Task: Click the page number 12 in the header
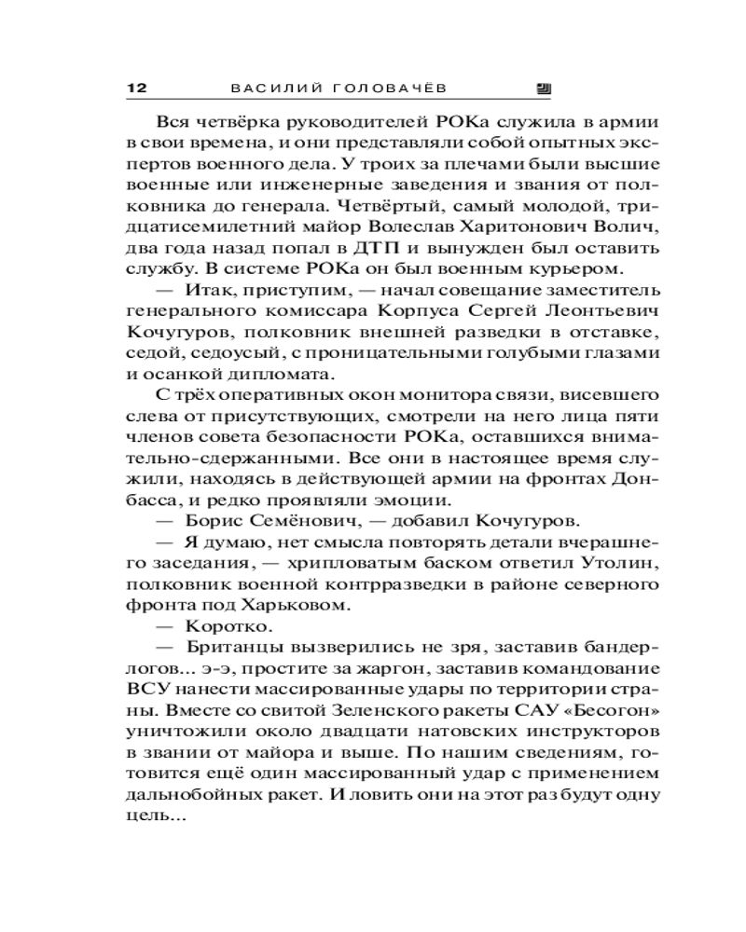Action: pos(136,89)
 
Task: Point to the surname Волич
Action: pos(627,228)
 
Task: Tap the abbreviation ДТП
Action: pos(378,249)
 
